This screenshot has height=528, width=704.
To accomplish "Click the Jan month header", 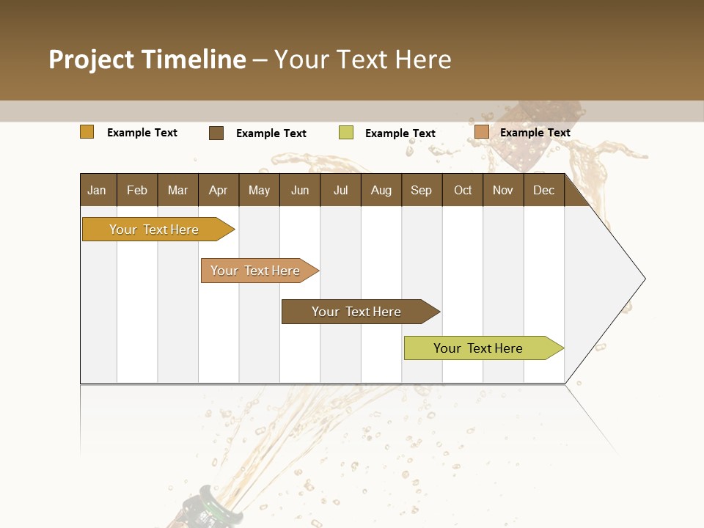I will click(x=98, y=190).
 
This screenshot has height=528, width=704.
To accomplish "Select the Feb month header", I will click(x=137, y=190).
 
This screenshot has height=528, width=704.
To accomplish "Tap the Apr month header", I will click(x=219, y=190).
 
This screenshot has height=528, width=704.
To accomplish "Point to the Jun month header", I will click(x=300, y=190).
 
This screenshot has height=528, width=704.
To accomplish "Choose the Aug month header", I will click(x=381, y=190).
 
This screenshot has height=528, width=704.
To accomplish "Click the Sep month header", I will click(x=422, y=190).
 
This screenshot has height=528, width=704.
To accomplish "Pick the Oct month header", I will click(x=463, y=190).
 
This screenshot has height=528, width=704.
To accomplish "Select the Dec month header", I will click(x=544, y=190).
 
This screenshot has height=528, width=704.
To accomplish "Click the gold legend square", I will click(x=87, y=132).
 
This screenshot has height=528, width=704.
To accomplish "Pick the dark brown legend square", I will click(x=216, y=133).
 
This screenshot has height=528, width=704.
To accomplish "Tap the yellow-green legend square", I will click(x=346, y=133).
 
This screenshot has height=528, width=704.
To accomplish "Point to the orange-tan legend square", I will click(x=482, y=132).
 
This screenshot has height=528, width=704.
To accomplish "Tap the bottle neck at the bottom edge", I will click(x=213, y=510).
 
